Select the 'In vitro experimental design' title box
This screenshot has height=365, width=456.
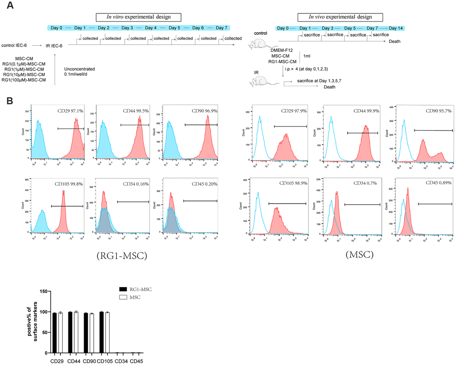[139, 17]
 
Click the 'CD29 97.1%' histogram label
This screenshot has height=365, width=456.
[70, 110]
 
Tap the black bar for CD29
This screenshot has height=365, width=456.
[55, 333]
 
